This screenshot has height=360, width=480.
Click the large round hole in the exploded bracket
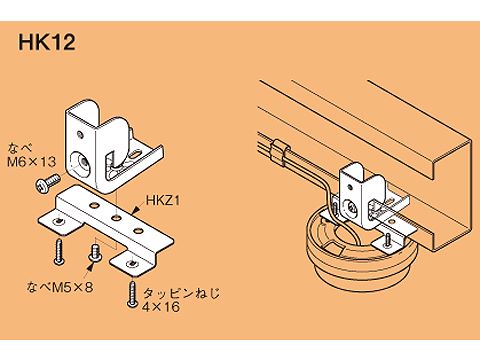pos(80,162)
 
